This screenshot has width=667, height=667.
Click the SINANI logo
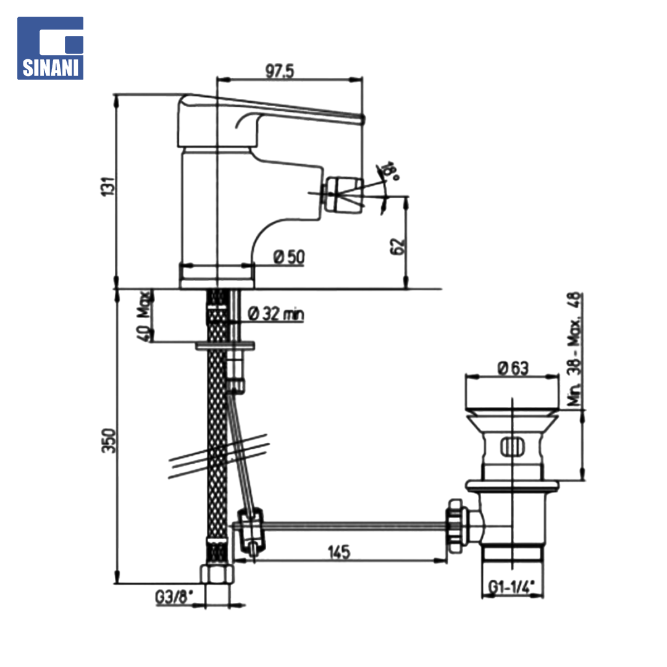click(x=50, y=48)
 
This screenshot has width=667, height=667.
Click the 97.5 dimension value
click(x=280, y=71)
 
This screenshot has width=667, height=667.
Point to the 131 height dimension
click(x=107, y=187)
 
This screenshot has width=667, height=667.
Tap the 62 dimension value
click(x=397, y=246)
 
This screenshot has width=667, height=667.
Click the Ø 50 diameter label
click(x=289, y=257)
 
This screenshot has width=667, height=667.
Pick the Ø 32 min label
click(x=275, y=314)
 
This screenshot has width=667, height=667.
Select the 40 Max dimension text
click(x=144, y=316)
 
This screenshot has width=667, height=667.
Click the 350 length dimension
click(x=109, y=441)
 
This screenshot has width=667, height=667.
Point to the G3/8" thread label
click(x=174, y=597)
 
